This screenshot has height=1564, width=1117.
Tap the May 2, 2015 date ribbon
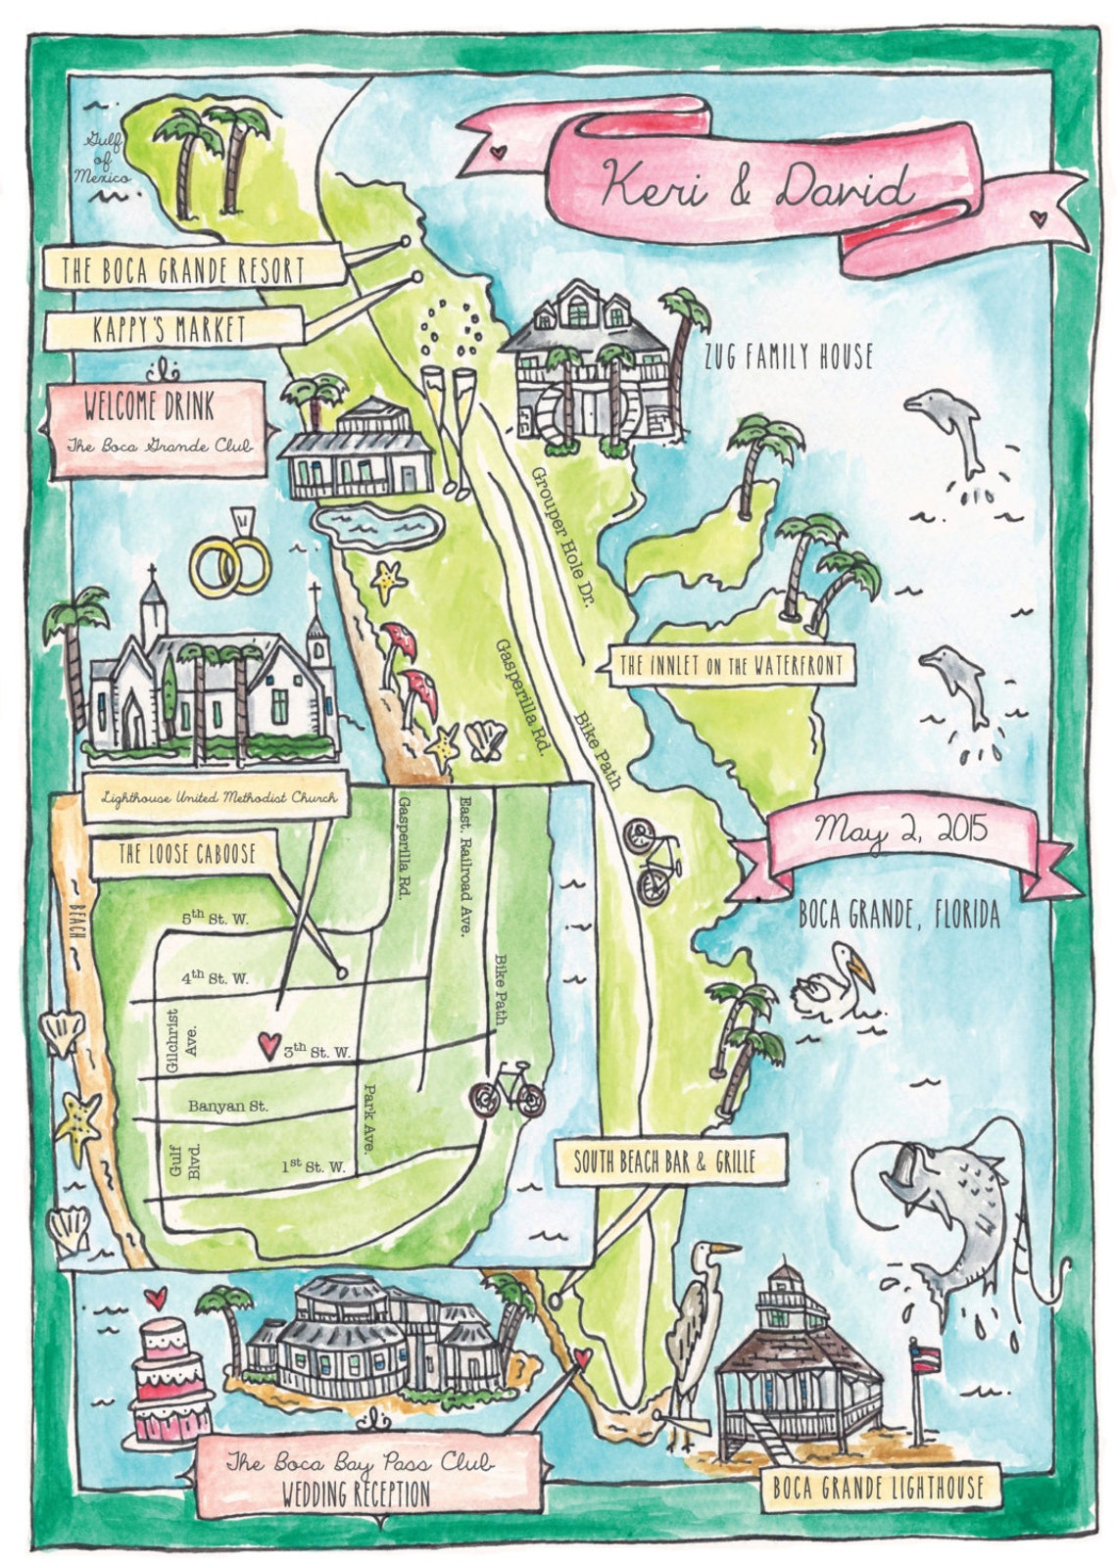[x=899, y=831]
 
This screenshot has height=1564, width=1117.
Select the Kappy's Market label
[x=170, y=329]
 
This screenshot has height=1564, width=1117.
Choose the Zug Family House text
[x=788, y=356]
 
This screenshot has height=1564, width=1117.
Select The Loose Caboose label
[x=186, y=854]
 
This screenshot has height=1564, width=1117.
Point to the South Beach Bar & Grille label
[x=664, y=1162]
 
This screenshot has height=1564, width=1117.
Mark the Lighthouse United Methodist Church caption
[x=219, y=797]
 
